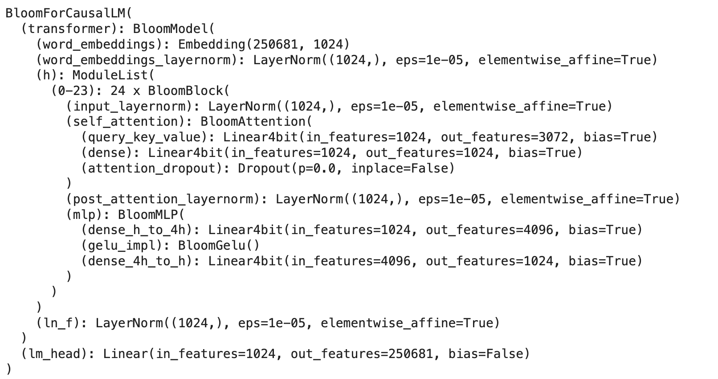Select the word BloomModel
click(x=170, y=29)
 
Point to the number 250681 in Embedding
click(x=276, y=44)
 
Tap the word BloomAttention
click(x=253, y=121)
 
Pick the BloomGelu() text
click(x=218, y=245)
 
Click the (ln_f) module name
click(x=61, y=323)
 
